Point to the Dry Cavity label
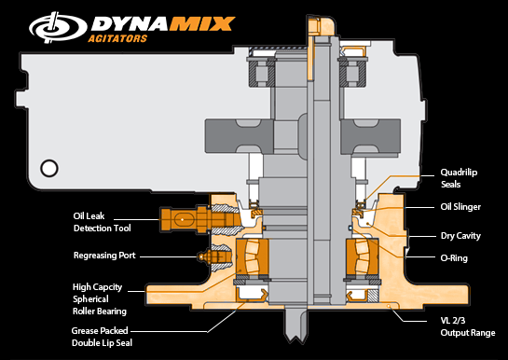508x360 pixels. (460, 236)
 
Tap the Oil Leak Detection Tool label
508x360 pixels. (102, 221)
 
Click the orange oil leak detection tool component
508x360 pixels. (185, 221)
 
